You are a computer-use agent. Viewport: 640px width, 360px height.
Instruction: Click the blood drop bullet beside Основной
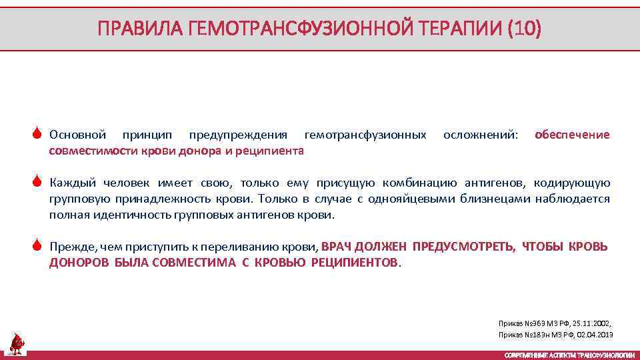[38, 135]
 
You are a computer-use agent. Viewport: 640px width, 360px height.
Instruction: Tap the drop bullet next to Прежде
[38, 247]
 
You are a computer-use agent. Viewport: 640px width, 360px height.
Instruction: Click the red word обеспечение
[572, 135]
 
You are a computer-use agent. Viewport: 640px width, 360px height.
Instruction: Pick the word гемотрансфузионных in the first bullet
[365, 135]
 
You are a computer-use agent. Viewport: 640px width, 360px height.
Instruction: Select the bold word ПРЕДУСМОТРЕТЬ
[463, 247]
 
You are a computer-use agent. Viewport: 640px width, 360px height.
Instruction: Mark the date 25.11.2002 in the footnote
[592, 321]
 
